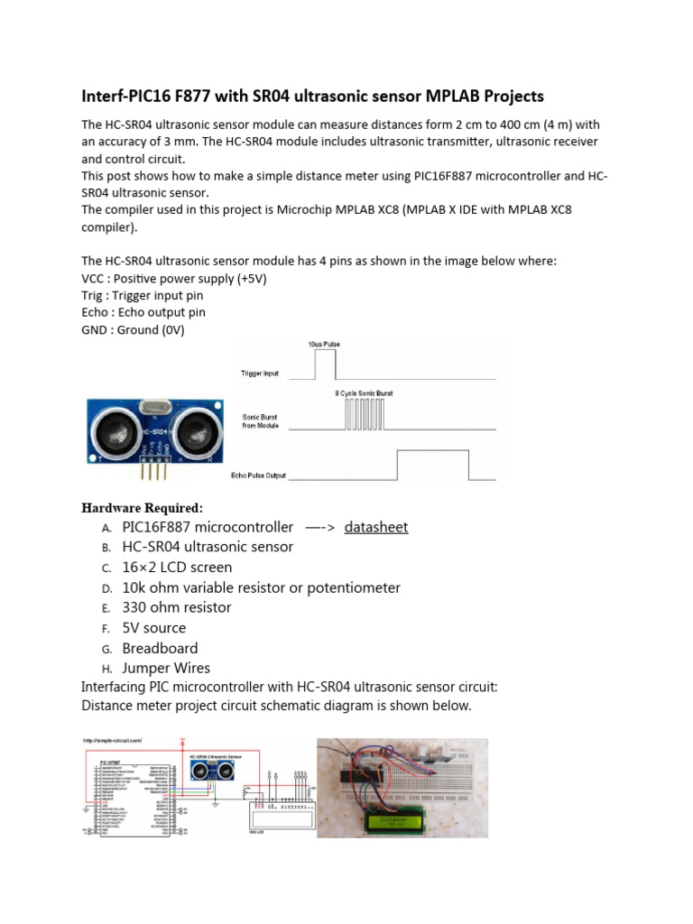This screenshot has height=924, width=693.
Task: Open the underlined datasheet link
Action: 375,527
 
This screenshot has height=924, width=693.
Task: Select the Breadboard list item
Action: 160,648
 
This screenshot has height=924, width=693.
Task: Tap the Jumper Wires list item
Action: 166,668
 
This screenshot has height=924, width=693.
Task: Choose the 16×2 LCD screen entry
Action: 177,567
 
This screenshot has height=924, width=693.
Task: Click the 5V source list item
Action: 154,628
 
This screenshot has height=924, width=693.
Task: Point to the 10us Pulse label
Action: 324,345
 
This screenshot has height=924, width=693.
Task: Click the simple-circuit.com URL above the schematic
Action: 113,742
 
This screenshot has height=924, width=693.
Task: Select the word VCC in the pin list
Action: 95,279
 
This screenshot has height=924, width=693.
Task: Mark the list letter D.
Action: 106,588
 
